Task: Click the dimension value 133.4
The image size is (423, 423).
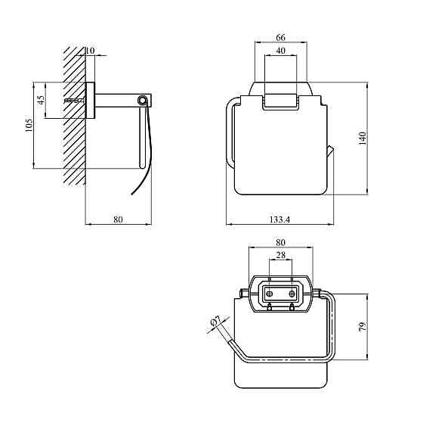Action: tap(279, 219)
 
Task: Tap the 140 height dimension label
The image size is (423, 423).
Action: tap(363, 138)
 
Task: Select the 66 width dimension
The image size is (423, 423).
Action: tap(280, 37)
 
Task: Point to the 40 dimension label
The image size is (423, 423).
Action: tap(280, 51)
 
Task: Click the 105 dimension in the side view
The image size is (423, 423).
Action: tap(29, 125)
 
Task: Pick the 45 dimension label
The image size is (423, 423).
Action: tap(41, 100)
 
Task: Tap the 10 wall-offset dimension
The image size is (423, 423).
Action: tap(90, 50)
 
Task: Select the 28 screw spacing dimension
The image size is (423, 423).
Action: tap(280, 255)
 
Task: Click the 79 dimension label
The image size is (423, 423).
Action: tap(363, 326)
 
